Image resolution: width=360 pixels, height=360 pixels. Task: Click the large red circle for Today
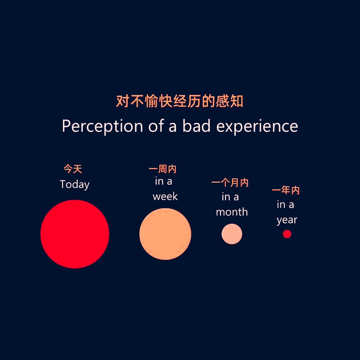[x=75, y=234]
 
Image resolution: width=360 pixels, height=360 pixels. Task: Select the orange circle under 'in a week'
[x=165, y=234]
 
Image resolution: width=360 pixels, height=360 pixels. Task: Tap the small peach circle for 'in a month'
[x=232, y=234]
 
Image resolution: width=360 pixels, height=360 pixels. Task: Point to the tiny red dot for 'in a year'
[x=287, y=234]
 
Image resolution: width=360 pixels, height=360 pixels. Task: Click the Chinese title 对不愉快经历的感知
[x=180, y=101]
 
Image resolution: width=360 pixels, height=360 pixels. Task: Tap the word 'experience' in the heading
[x=257, y=126]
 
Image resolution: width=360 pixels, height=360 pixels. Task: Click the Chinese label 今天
[x=73, y=169]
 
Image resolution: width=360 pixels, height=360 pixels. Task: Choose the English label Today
[x=75, y=184]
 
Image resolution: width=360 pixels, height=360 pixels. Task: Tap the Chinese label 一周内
[x=163, y=169]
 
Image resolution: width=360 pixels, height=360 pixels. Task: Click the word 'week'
[x=165, y=196]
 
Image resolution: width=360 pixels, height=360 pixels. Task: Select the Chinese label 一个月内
[x=230, y=183]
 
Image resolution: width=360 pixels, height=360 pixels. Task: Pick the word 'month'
[x=232, y=212]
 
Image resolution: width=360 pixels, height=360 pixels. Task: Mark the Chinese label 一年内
[x=286, y=190]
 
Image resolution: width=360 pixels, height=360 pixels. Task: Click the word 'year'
[x=287, y=220]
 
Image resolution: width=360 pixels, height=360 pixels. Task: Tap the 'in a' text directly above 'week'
[x=163, y=181]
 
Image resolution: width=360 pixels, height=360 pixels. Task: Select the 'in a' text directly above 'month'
[x=230, y=197]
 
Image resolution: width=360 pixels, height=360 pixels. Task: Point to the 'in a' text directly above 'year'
[x=285, y=205]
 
